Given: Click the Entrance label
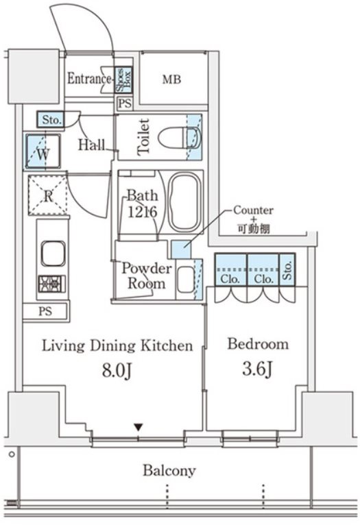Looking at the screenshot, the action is [x=89, y=79].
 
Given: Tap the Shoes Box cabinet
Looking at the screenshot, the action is [x=123, y=80].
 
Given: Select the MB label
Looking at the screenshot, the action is [x=172, y=80].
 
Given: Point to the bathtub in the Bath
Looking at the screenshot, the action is [x=184, y=202].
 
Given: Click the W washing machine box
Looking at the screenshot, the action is [x=43, y=151].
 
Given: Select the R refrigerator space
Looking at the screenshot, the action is [x=47, y=195].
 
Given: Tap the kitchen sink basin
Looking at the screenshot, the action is [x=53, y=254].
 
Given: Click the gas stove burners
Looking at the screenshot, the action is [x=52, y=284].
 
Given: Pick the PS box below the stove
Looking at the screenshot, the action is [x=45, y=311].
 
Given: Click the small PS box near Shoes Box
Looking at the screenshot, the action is [x=125, y=103].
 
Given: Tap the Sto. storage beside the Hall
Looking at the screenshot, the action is [x=51, y=119].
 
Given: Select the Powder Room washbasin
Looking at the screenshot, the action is [x=185, y=280].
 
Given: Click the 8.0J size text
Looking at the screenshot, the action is [x=116, y=370].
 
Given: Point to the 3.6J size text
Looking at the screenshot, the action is [x=257, y=369].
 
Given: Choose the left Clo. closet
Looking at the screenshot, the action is [x=230, y=269].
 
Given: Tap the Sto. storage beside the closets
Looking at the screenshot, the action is [x=287, y=269].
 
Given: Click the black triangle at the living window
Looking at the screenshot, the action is [x=139, y=428].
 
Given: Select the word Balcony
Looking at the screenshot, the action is [x=169, y=471].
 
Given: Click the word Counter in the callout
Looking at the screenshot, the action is [x=253, y=210].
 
